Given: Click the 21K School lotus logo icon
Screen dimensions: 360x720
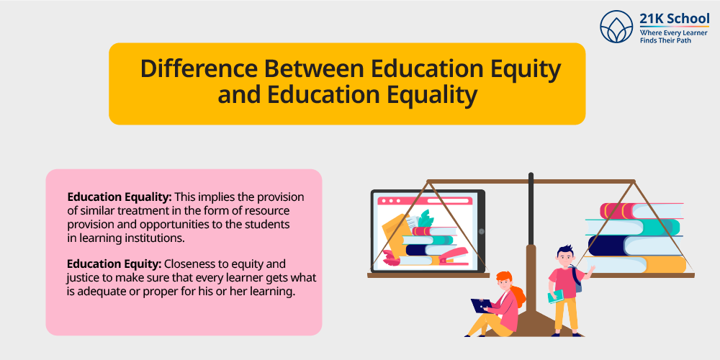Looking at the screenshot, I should [x=616, y=27].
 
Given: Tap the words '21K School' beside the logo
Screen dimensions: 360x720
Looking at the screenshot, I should [x=674, y=19].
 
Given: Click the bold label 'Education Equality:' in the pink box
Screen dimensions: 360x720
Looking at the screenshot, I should [x=120, y=197].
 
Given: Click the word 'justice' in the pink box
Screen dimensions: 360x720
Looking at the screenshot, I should [x=84, y=278].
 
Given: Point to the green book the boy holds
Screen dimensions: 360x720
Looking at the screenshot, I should [x=554, y=296].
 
